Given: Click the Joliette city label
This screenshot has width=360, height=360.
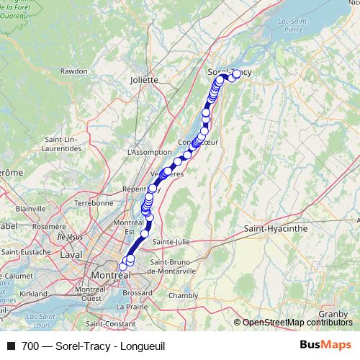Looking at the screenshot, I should point(144,80).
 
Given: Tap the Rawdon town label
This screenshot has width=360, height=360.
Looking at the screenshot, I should point(74,71).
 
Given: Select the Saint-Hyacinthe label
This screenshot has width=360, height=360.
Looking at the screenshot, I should point(276,228).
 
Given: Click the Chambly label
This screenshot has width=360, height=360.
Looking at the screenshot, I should point(183,295).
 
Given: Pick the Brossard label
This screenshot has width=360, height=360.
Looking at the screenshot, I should point(138,293).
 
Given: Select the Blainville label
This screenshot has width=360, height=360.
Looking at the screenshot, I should point(30,208).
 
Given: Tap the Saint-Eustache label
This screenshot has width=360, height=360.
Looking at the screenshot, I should point(27,251).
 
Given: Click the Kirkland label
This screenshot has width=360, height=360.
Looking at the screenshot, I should point(33,294).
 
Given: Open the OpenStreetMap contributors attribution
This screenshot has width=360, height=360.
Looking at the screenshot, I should point(297,322).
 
